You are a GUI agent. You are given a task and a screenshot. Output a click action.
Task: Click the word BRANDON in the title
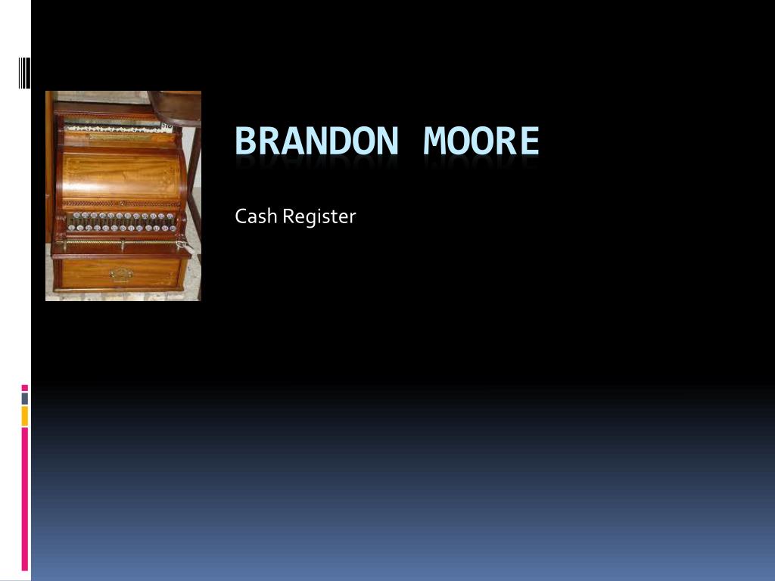click(316, 141)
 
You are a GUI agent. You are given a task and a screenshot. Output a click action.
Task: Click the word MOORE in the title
click(481, 141)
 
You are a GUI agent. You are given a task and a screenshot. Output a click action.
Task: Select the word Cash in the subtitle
click(256, 216)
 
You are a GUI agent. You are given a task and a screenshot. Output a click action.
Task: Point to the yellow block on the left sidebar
click(25, 416)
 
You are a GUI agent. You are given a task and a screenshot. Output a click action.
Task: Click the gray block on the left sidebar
click(25, 398)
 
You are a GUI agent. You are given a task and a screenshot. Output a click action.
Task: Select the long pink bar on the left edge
click(25, 499)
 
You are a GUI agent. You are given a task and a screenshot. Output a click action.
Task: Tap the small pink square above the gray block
click(25, 388)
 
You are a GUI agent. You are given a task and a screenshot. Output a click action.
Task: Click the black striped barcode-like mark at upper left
click(25, 73)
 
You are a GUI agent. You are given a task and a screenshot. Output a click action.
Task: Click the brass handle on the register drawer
click(120, 274)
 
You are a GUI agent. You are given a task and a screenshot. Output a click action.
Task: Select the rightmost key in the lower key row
click(173, 228)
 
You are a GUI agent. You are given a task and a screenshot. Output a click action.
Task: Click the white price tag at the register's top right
click(167, 126)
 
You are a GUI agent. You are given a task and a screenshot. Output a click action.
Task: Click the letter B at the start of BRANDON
click(245, 141)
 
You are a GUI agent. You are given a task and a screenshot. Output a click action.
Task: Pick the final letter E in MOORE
click(529, 141)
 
